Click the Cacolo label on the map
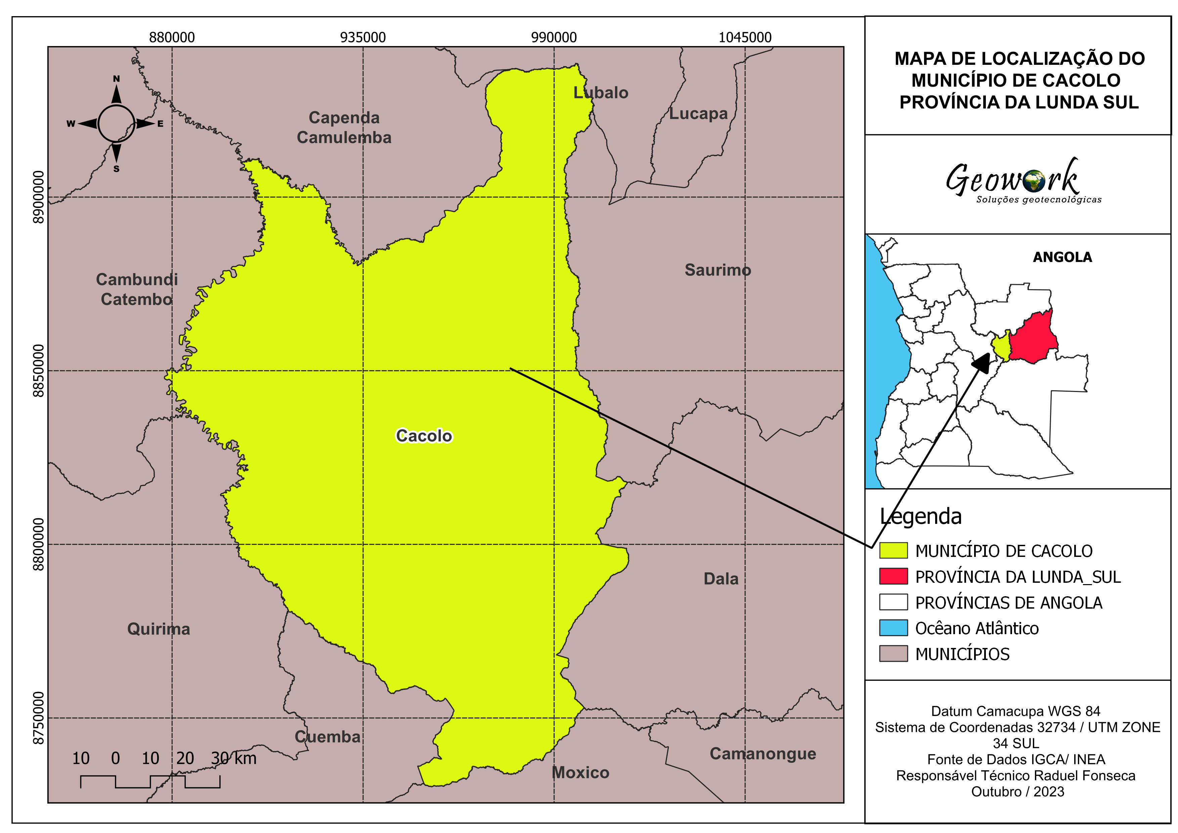[x=424, y=436]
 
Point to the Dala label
[x=721, y=579]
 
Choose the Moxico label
[x=580, y=773]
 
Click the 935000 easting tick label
[x=363, y=37]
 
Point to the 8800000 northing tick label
[x=39, y=544]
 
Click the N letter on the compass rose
[x=117, y=79]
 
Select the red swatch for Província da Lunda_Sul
[x=893, y=576]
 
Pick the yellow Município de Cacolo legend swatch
[x=893, y=551]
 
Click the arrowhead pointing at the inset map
[x=983, y=362]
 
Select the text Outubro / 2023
[x=1017, y=791]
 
